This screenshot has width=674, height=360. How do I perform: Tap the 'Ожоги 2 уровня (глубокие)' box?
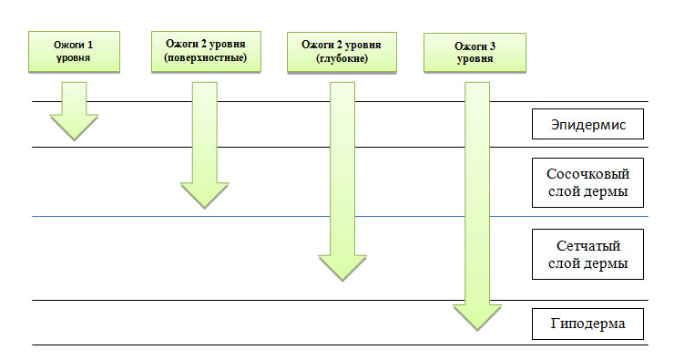coord(341,51)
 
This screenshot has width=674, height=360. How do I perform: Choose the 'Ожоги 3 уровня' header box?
coord(474,51)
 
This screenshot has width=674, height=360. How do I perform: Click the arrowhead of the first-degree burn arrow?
coord(73,127)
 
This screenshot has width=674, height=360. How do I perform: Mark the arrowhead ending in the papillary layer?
coord(204,195)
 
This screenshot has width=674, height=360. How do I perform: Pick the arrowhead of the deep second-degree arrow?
coord(341,266)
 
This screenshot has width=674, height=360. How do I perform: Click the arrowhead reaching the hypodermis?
coord(477,315)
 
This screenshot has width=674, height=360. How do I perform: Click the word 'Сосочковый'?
coord(587,173)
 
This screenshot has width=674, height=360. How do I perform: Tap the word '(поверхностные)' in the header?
coord(206,59)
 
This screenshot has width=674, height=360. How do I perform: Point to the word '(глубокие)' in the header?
coord(341,59)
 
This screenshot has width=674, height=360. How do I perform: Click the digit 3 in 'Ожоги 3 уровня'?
coord(494,45)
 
